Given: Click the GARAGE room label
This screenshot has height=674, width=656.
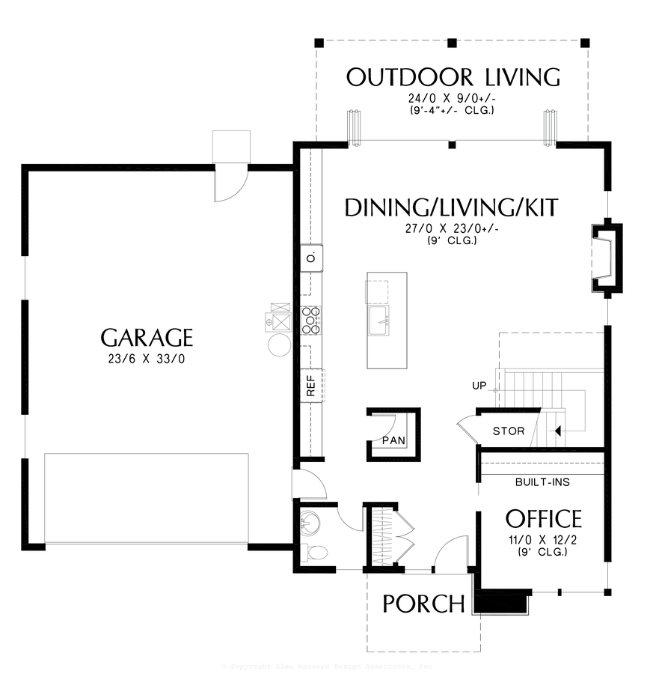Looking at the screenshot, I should pyautogui.click(x=147, y=338).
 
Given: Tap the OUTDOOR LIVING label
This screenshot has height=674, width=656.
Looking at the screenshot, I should pyautogui.click(x=453, y=77).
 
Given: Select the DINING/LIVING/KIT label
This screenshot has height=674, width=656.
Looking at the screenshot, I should pyautogui.click(x=451, y=207).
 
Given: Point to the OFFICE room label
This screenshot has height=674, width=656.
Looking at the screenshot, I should pyautogui.click(x=543, y=518).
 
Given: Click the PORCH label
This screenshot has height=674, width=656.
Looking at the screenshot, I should pyautogui.click(x=423, y=604).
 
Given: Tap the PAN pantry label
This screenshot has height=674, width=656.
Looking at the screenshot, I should pyautogui.click(x=393, y=440).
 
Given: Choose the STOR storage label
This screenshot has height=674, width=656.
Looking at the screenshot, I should pyautogui.click(x=509, y=431).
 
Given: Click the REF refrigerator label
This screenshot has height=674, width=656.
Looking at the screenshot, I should pyautogui.click(x=311, y=386).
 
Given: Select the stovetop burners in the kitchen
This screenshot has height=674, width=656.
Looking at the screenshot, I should pyautogui.click(x=311, y=320).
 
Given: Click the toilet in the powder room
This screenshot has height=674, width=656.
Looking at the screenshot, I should pyautogui.click(x=314, y=553).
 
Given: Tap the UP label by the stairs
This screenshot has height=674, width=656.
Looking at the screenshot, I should pyautogui.click(x=479, y=386).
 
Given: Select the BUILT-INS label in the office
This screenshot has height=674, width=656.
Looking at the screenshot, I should pyautogui.click(x=542, y=482).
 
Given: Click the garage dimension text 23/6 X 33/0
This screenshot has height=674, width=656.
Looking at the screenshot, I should pyautogui.click(x=146, y=359).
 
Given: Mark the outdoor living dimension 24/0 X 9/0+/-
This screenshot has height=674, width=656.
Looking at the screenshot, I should pyautogui.click(x=453, y=97).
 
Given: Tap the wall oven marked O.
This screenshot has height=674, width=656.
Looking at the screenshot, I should pyautogui.click(x=311, y=258).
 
